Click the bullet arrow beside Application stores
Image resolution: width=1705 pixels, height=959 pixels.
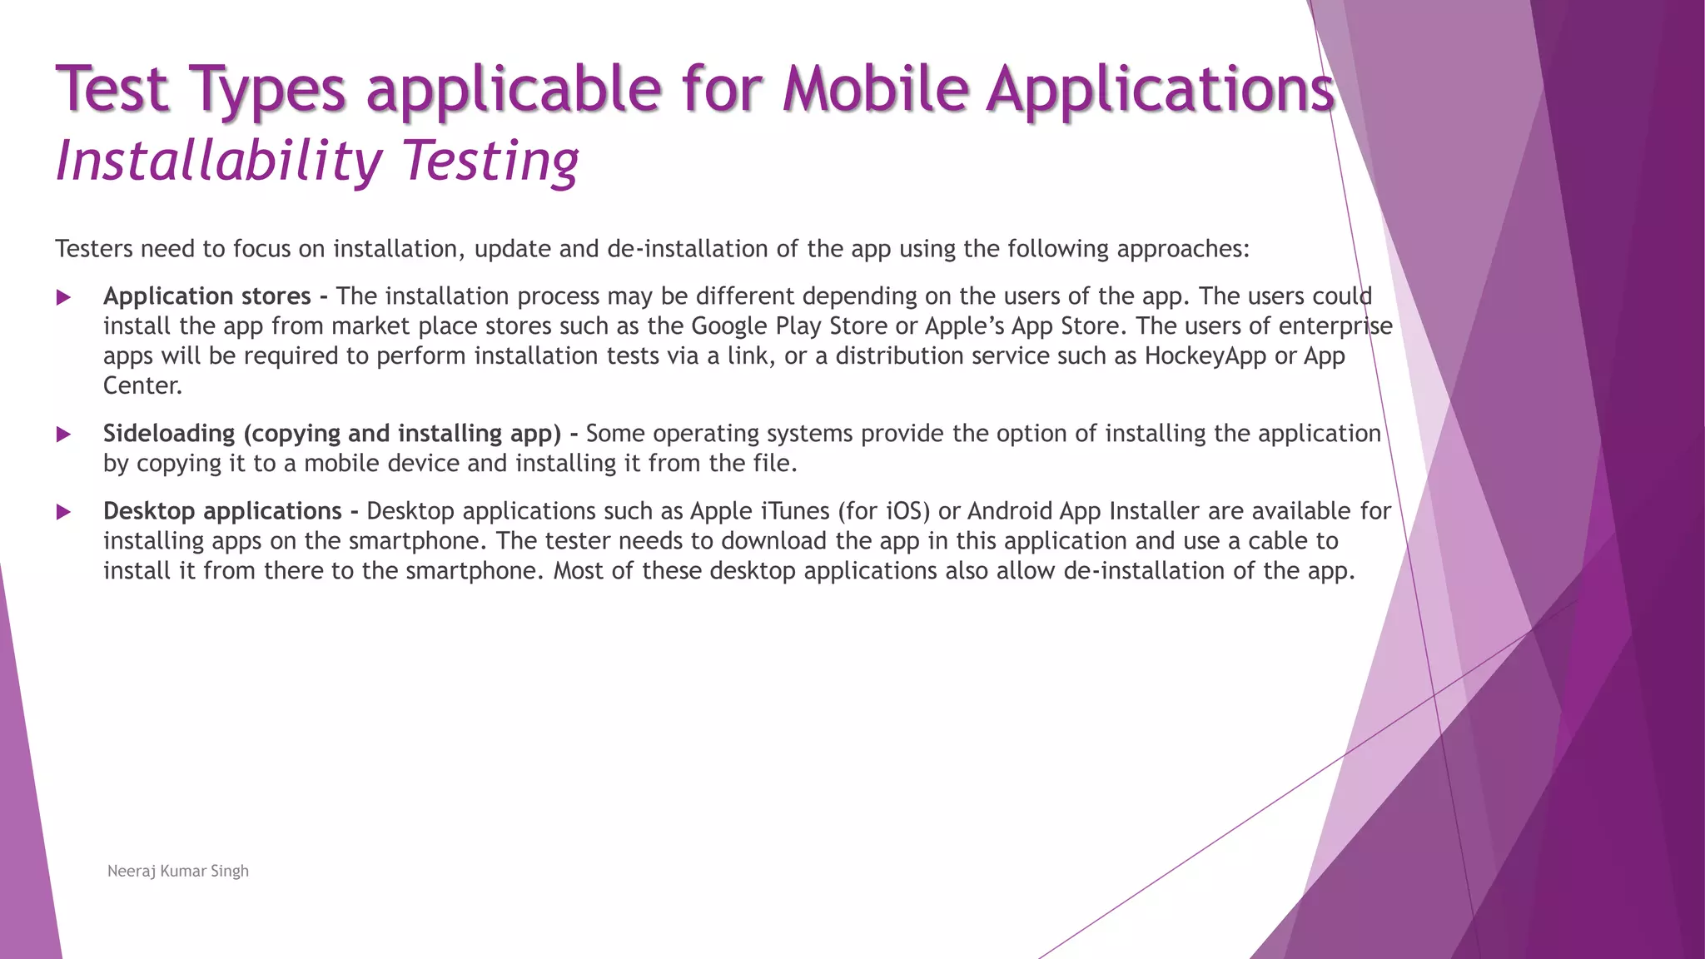click(x=63, y=297)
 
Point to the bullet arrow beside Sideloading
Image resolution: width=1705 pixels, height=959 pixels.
click(x=63, y=434)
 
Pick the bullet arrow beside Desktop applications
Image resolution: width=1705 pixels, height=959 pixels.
click(x=63, y=512)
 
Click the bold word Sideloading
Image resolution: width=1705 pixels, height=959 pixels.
click(x=169, y=434)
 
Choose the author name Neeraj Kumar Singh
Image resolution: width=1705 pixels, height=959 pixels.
click(x=178, y=871)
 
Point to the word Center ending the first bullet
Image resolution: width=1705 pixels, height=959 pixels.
click(x=142, y=386)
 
